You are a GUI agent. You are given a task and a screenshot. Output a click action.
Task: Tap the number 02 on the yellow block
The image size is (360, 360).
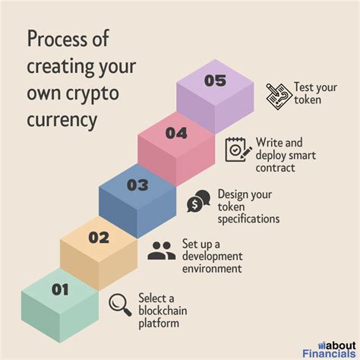99,237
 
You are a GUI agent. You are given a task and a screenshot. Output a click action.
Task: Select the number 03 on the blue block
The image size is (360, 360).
137,185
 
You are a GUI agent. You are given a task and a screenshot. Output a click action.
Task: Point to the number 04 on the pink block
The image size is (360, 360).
176,133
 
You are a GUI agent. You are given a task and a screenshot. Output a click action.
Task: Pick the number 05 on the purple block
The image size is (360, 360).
215,81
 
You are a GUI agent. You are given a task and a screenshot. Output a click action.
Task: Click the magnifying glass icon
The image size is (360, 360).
120,305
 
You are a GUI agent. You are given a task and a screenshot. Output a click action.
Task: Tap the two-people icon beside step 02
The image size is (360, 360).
161,251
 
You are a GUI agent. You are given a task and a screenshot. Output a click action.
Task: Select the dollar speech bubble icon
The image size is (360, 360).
199,202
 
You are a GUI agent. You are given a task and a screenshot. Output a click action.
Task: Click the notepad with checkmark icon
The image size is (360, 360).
237,150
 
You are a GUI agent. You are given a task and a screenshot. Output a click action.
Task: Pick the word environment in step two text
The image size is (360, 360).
212,268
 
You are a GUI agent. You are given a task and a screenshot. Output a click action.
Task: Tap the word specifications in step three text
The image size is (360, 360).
248,219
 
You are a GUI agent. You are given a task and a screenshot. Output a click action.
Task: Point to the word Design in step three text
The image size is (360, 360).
233,194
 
